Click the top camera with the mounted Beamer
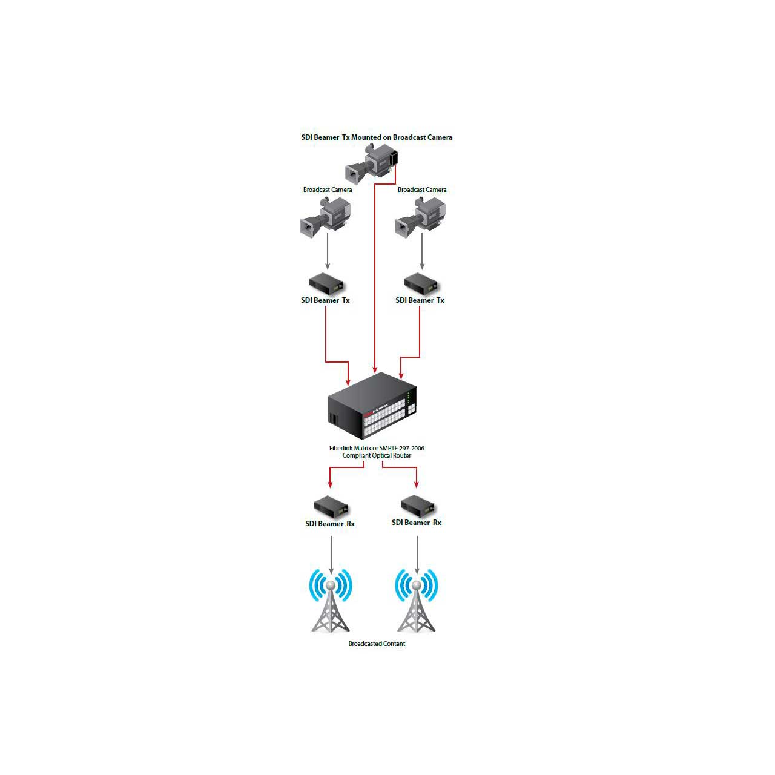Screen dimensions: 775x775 point(372,163)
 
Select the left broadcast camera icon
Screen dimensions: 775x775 point(326,216)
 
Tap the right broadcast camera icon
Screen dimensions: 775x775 point(420,216)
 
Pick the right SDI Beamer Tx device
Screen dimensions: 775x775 point(421,283)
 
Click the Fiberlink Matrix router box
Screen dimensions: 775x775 point(372,406)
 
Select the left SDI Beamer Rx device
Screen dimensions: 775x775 point(331,506)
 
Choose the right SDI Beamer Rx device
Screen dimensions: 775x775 point(417,506)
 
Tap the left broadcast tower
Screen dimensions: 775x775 point(331,601)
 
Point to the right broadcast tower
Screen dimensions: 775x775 point(416,601)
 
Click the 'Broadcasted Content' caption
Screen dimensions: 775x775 point(377,644)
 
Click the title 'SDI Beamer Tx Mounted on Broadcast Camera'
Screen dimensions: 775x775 point(377,137)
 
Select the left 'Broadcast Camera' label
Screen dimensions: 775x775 point(328,190)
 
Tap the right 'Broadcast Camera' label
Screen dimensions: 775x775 point(422,190)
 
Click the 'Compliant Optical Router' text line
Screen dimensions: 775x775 point(377,456)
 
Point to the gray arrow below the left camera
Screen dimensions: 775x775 point(328,251)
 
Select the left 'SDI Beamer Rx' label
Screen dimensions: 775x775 point(330,524)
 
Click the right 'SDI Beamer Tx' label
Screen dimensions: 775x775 point(420,300)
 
